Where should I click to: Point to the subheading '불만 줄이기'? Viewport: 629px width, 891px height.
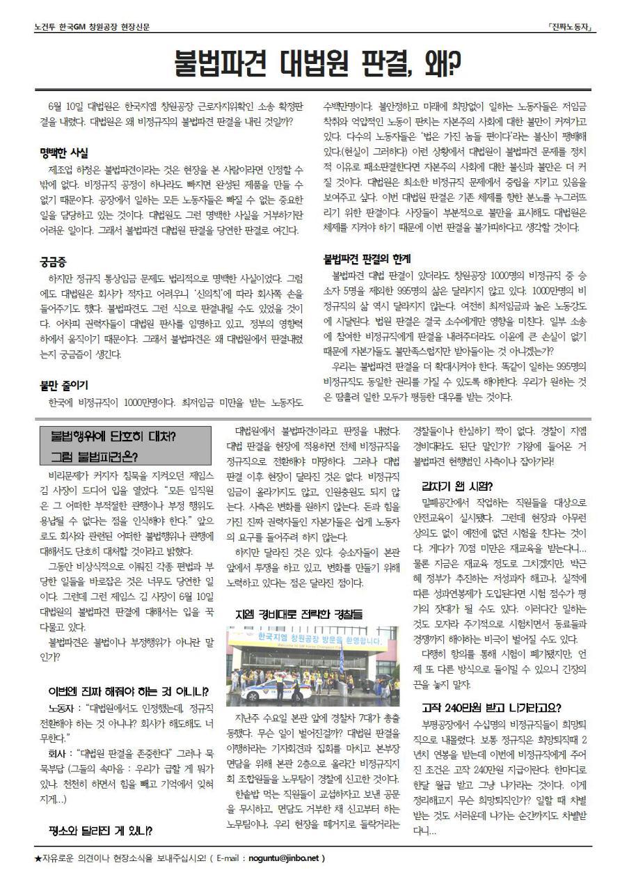click(x=63, y=384)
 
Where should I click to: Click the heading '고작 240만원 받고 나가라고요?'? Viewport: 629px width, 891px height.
click(x=491, y=708)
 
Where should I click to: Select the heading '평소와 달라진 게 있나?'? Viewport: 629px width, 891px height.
click(x=100, y=830)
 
